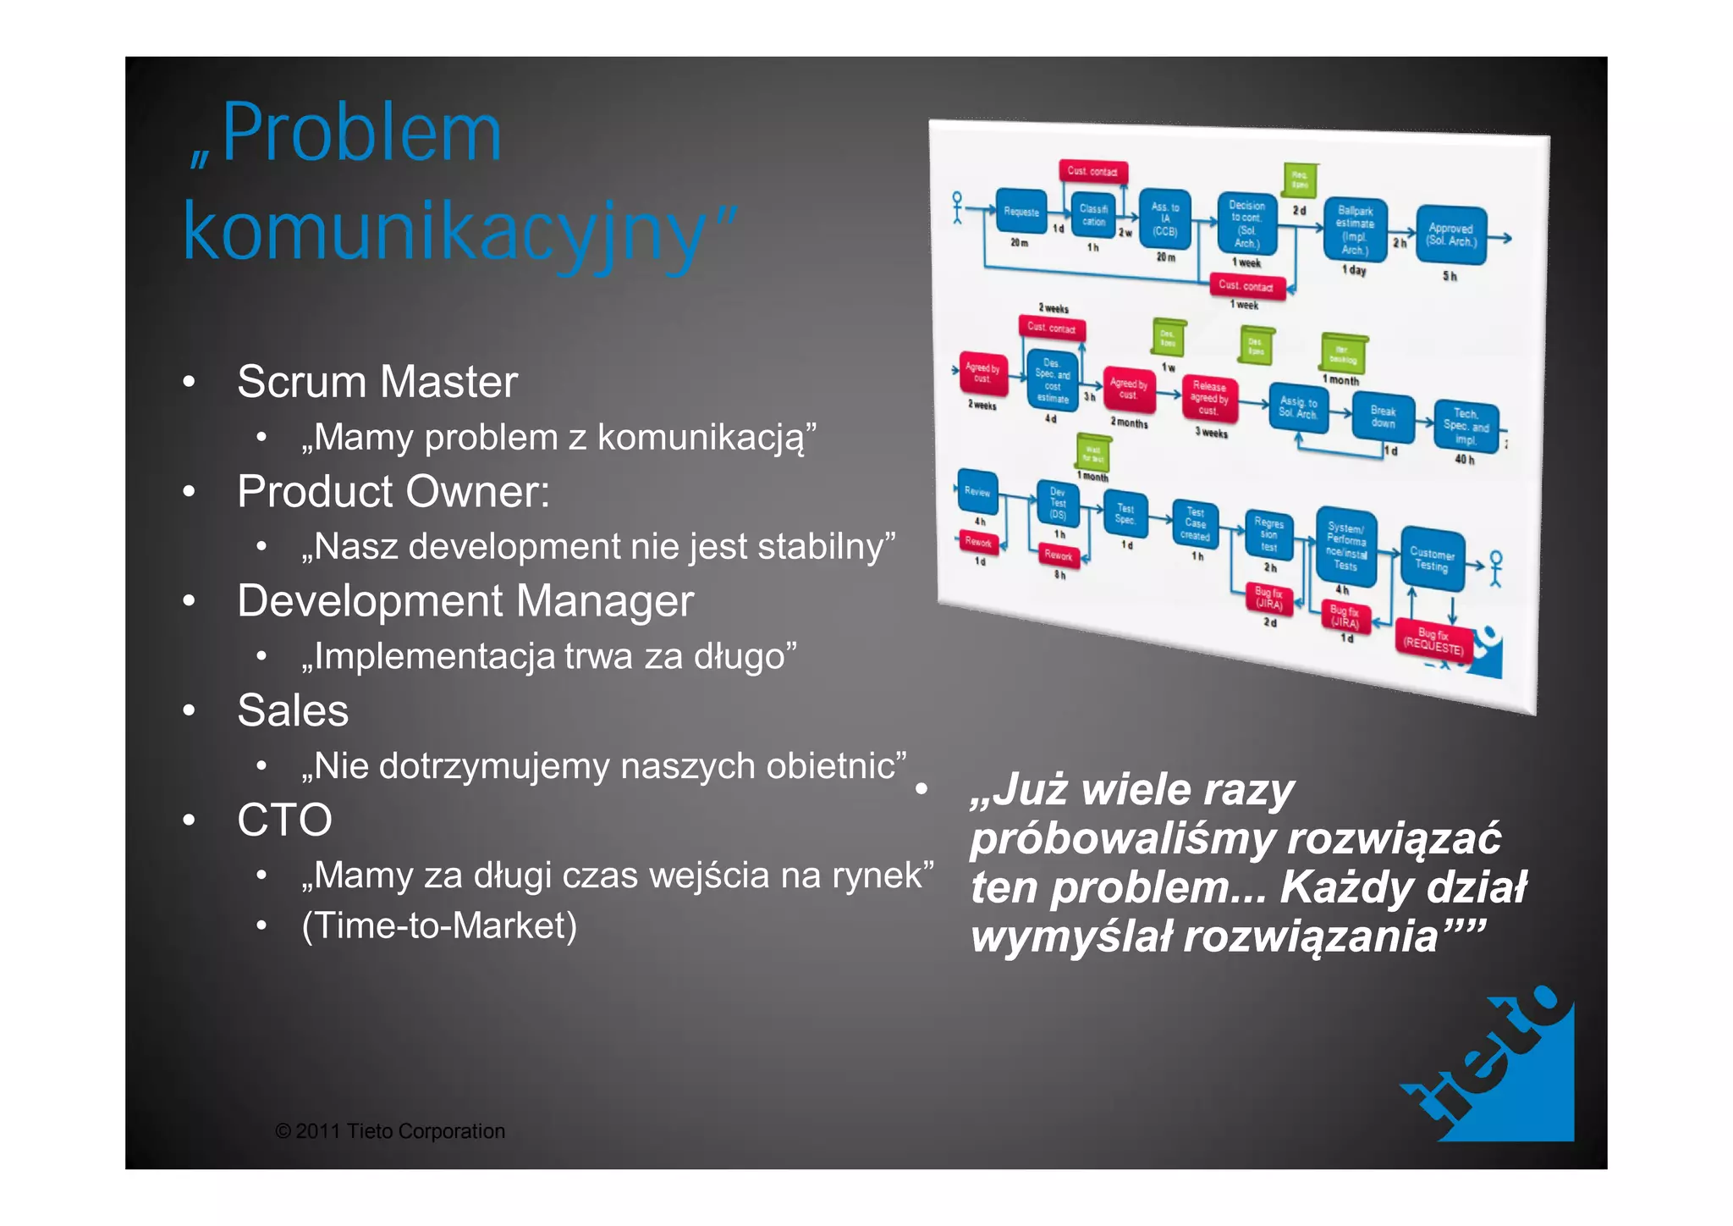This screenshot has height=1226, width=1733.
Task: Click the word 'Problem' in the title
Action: (x=361, y=134)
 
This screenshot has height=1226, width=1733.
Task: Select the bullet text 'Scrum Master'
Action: (x=377, y=382)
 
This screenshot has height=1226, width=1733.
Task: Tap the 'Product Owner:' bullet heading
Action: (x=393, y=492)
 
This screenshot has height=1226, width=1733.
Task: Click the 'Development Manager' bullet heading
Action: (x=465, y=601)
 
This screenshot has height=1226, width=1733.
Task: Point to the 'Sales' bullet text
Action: (x=293, y=710)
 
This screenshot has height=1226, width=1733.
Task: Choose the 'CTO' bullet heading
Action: (x=284, y=820)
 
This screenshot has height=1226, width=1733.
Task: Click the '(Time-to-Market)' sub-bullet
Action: (x=439, y=925)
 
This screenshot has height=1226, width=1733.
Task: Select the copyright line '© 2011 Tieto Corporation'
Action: (x=390, y=1131)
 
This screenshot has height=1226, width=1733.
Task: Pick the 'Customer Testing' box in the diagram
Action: (x=1432, y=559)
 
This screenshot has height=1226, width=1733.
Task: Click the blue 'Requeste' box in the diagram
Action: (x=1021, y=212)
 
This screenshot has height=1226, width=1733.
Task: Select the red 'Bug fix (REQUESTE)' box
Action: (x=1433, y=641)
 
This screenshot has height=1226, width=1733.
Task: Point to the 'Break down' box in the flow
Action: (x=1383, y=417)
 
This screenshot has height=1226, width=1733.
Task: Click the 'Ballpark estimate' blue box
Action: (x=1355, y=229)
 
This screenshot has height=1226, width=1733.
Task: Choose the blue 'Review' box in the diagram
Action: (x=977, y=491)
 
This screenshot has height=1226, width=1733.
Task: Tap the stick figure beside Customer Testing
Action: (x=1496, y=568)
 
